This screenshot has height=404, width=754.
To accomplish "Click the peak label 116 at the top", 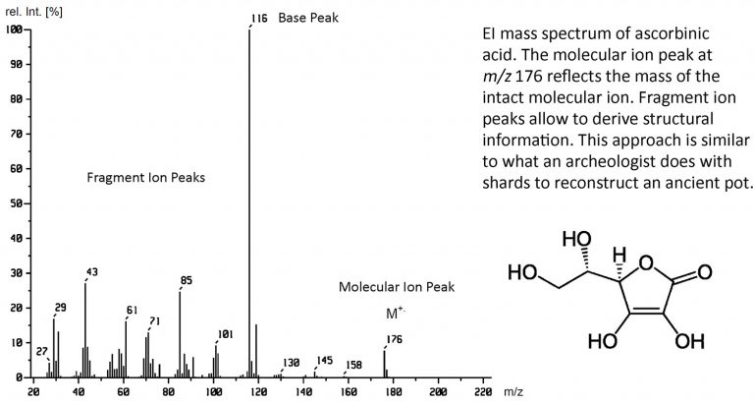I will point(259,18).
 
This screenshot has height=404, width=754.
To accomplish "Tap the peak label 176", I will point(395,339).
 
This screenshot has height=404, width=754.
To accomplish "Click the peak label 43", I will point(92,272).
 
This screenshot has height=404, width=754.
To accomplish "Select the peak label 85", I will point(187,281).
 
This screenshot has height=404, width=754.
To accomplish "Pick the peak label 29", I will point(61,308).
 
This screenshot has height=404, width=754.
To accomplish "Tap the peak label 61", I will point(133,311).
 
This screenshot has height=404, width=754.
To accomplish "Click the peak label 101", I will point(225,334).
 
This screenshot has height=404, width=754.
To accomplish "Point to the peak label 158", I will point(353,365).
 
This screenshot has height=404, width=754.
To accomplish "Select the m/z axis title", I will point(512,391).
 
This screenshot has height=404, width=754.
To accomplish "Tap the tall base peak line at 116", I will point(249,197).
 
